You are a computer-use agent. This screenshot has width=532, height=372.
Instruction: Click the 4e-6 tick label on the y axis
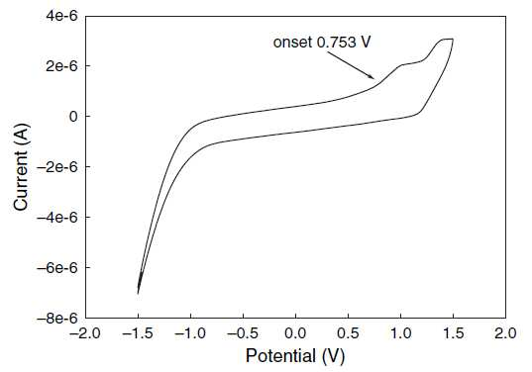pos(62,16)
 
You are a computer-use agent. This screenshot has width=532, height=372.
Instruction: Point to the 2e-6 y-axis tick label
pos(62,65)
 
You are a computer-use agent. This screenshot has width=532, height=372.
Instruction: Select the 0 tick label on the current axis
pos(73,116)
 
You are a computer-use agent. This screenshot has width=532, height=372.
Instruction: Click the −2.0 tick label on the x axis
pos(85,333)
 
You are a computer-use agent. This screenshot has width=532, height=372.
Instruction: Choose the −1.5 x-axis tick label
pos(138,333)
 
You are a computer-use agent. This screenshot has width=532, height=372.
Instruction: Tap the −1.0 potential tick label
pos(190,333)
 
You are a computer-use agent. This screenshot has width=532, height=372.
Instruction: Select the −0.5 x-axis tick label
pos(243,333)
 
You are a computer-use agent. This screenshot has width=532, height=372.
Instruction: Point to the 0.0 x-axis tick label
pos(295,333)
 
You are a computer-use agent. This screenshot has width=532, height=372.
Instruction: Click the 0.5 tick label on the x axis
pos(348,333)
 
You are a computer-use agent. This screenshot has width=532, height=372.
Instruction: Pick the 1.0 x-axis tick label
pos(400,333)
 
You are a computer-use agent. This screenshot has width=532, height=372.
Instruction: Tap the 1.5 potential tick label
pos(454,333)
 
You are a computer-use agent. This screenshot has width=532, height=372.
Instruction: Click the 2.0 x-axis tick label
pos(505,333)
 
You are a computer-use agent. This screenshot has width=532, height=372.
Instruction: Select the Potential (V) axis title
pos(295,356)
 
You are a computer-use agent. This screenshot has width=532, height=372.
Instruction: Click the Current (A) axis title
pos(22,166)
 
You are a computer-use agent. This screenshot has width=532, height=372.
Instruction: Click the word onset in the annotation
pos(292,43)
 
